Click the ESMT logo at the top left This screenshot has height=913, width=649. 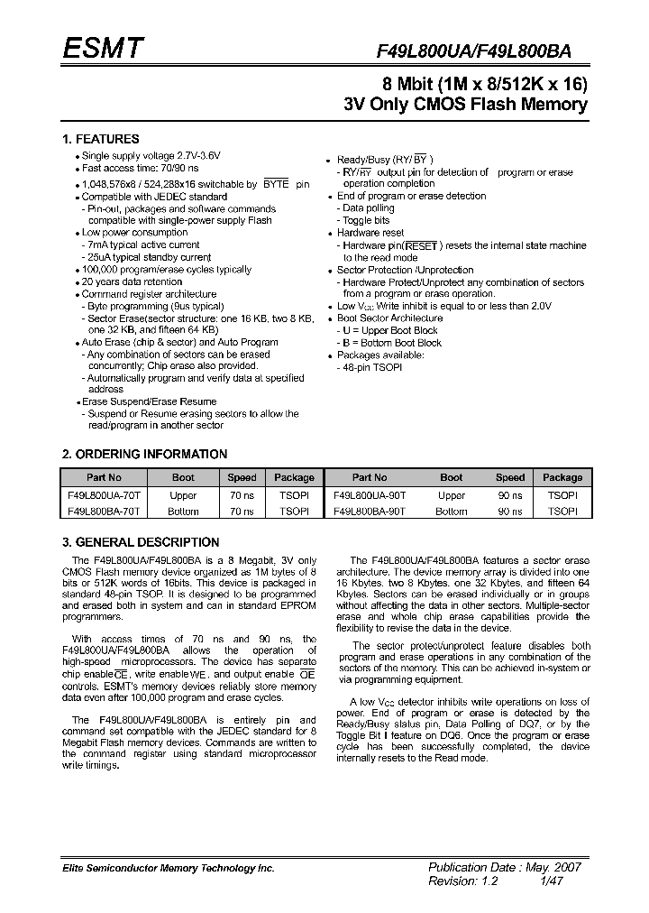(101, 49)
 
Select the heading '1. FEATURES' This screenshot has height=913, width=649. (100, 139)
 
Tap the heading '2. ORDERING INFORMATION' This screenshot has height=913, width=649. (144, 454)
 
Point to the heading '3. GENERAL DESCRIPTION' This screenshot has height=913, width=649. (141, 542)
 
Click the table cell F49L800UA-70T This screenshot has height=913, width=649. (104, 495)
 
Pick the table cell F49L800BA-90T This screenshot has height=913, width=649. (370, 511)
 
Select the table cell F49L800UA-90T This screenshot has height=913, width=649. (370, 495)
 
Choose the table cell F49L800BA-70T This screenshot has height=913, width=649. (104, 511)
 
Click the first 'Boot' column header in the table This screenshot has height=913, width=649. (183, 477)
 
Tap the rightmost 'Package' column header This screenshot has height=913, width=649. (562, 477)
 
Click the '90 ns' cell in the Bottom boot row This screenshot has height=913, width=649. (510, 511)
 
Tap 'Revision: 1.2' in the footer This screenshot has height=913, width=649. (462, 881)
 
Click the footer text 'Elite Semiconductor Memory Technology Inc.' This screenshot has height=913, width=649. (168, 868)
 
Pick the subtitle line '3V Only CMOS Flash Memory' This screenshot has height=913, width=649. (466, 104)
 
